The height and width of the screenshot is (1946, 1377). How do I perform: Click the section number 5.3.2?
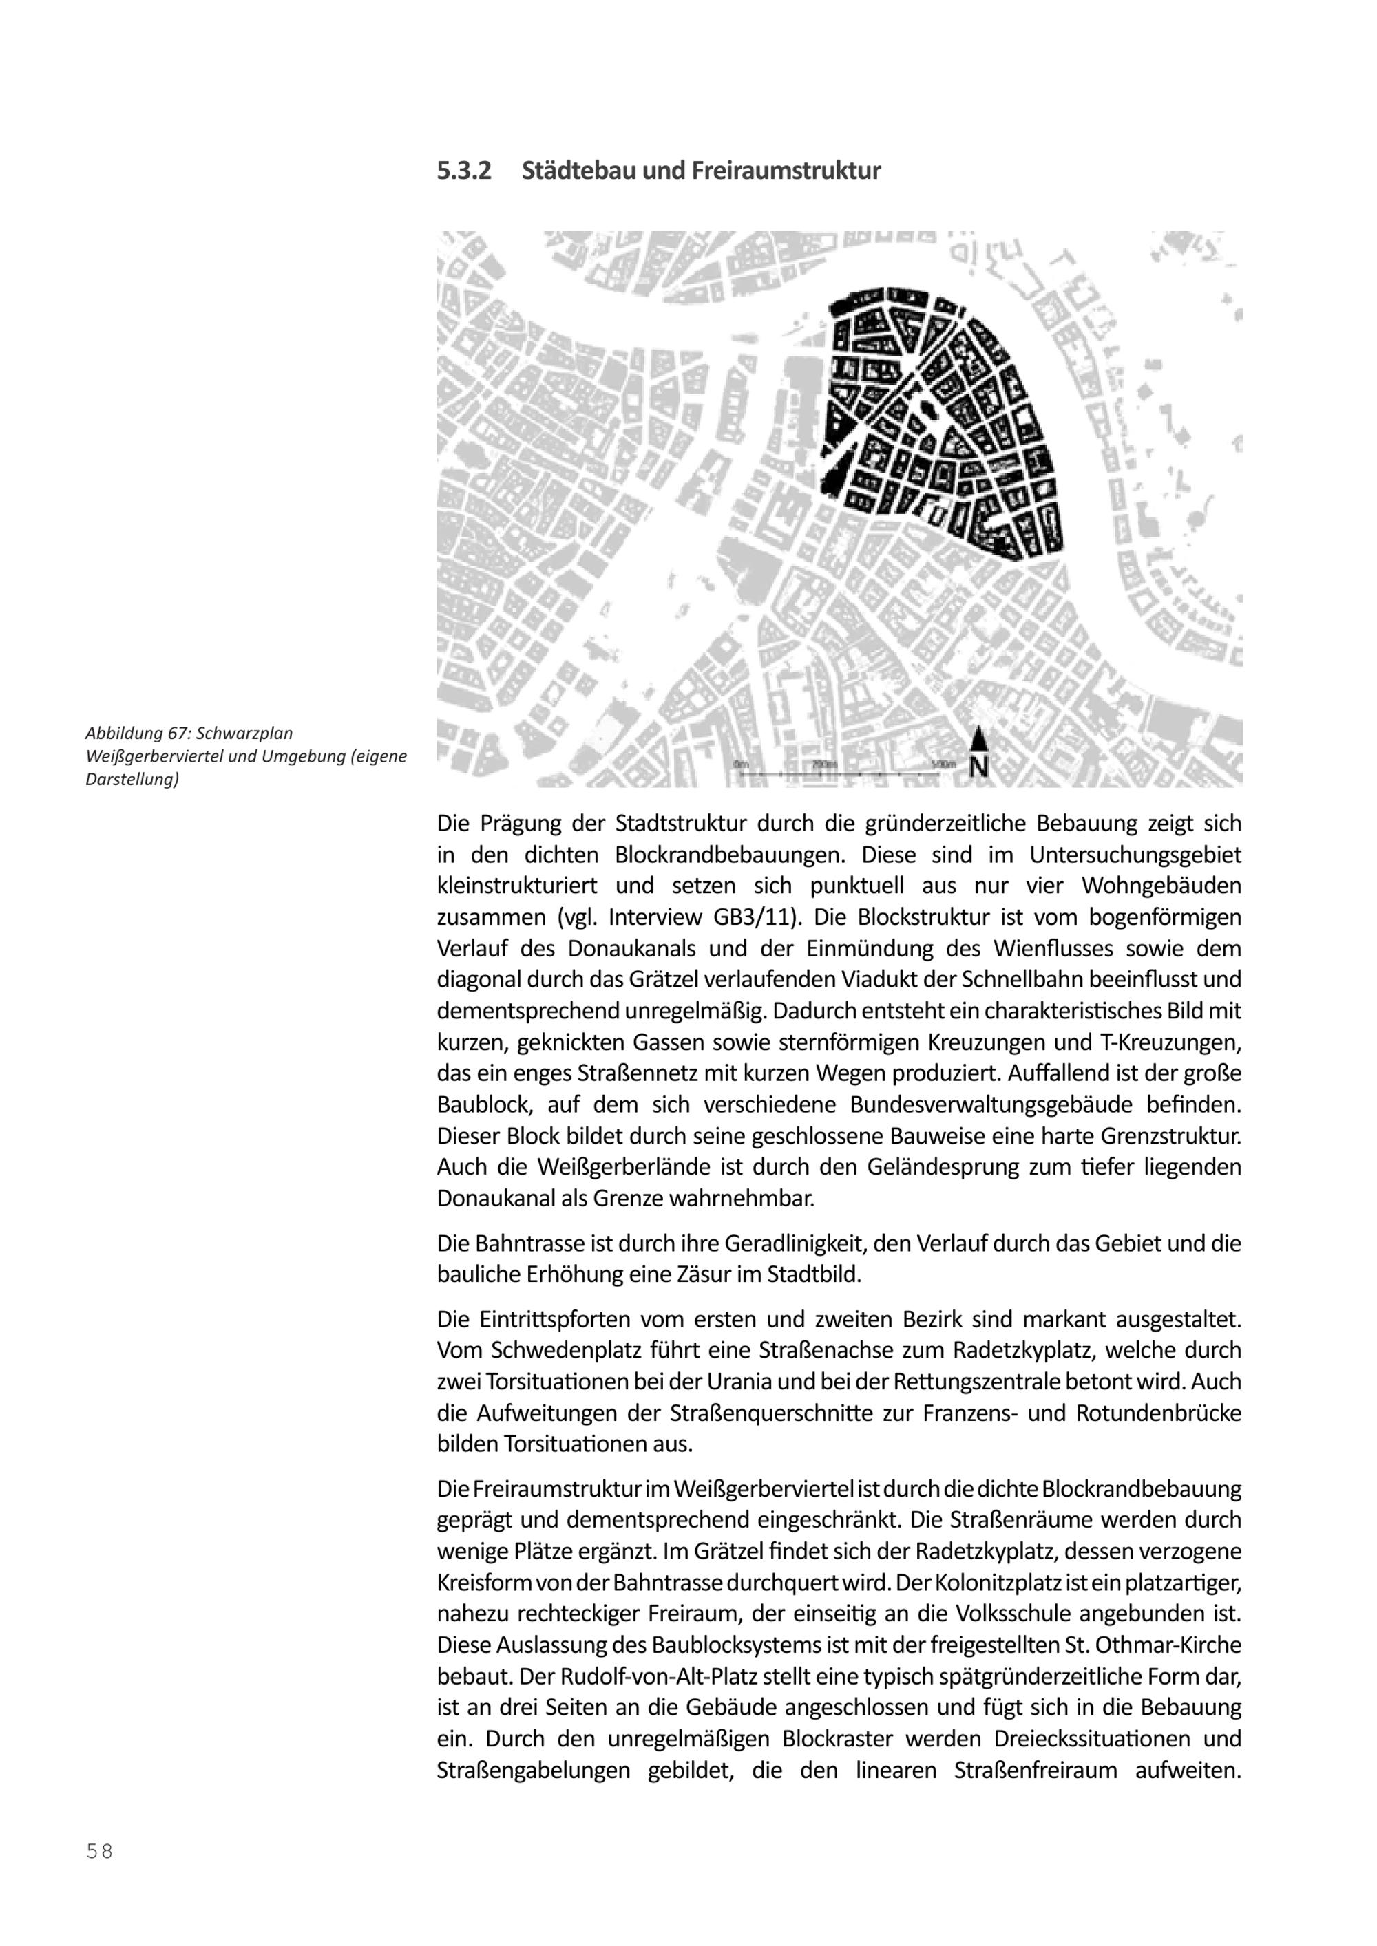464,171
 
